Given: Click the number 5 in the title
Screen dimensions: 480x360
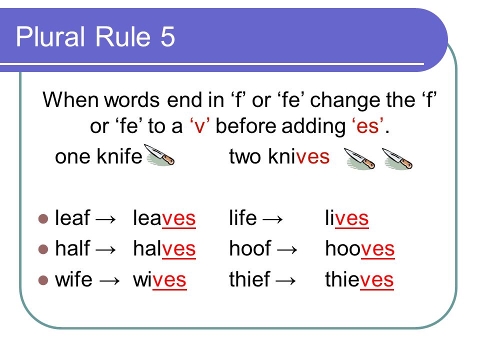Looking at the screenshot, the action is point(167,36).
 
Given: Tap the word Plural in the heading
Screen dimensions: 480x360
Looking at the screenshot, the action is point(50,36).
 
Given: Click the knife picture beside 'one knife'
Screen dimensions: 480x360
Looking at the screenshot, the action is point(159,155).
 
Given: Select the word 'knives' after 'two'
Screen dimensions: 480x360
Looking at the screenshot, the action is point(298,156).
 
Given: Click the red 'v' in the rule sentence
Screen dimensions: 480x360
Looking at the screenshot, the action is point(199,126).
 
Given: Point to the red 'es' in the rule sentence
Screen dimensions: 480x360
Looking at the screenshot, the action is point(367,126).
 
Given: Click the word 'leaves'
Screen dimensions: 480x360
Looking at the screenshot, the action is point(164,218).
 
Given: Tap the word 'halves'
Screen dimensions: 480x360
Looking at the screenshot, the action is point(164,248).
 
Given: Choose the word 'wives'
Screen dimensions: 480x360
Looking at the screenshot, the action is point(159,279).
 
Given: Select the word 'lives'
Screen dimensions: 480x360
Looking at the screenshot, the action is point(347,218).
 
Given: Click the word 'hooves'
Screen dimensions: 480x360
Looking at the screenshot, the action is point(360,248).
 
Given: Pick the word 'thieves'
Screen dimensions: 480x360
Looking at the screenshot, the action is point(359,279).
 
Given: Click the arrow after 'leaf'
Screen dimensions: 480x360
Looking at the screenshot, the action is point(105,219).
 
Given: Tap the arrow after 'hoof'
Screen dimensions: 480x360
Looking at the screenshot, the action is point(287,250).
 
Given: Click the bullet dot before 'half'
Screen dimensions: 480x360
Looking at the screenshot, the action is point(43,249).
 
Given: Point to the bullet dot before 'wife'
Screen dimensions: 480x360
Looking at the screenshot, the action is point(43,280).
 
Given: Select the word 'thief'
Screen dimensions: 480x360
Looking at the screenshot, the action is point(249,279).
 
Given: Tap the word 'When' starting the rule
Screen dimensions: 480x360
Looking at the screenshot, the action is point(70,100).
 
